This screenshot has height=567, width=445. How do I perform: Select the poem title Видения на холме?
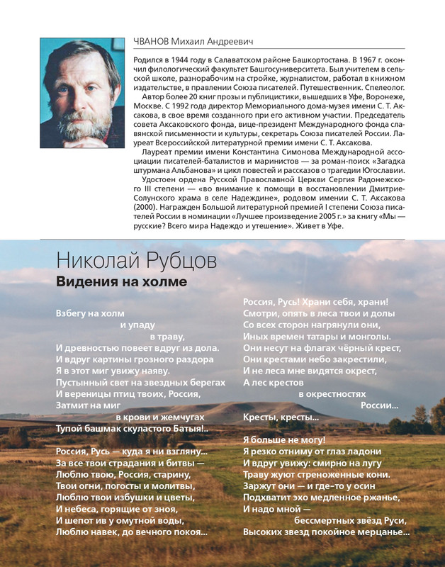121,281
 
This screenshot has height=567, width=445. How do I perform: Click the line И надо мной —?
277,508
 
